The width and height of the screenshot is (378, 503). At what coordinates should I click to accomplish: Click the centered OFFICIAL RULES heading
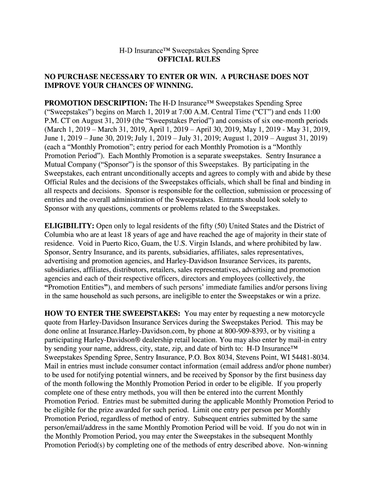(189, 59)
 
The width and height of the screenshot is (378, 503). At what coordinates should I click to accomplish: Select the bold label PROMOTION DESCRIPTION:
(96, 103)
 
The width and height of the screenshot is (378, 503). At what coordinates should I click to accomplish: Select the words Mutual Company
(71, 165)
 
